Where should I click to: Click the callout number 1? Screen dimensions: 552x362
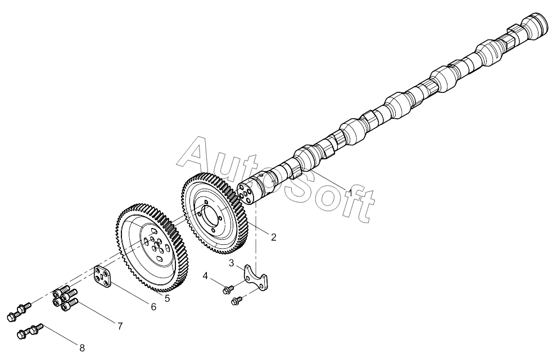click(350, 193)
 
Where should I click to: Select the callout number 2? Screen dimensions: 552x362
click(274, 237)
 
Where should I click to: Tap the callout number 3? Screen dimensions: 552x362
click(231, 263)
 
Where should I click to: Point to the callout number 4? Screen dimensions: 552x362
click(206, 276)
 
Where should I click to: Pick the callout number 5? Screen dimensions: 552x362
click(167, 298)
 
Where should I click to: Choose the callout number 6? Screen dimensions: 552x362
click(153, 307)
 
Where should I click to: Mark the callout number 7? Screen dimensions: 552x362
click(120, 327)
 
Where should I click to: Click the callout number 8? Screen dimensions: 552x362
click(82, 348)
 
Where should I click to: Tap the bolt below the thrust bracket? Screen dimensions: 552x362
click(237, 301)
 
